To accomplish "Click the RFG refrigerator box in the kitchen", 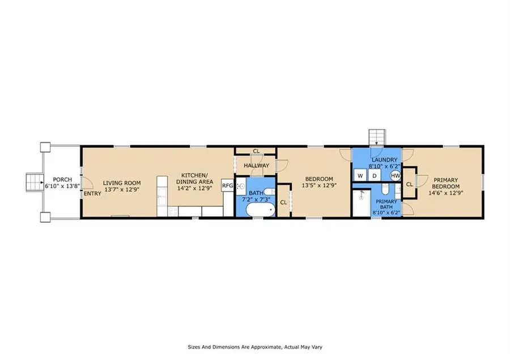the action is click(227, 185).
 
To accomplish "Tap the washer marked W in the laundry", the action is click(360, 176).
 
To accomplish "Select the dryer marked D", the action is click(375, 176).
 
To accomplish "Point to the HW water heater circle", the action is click(396, 176).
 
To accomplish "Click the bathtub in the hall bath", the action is click(261, 210).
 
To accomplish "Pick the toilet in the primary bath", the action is click(385, 188).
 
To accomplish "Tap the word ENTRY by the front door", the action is click(93, 193).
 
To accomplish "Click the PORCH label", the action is click(62, 180).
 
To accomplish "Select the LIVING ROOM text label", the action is click(122, 183).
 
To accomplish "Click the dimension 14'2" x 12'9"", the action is click(194, 188).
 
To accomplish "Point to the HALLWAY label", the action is click(257, 166).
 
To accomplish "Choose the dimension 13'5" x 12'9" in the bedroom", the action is click(319, 185).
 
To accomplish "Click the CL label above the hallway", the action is click(256, 151).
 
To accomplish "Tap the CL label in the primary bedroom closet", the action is click(410, 184).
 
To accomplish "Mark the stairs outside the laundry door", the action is click(377, 137).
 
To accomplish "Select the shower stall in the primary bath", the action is click(362, 203).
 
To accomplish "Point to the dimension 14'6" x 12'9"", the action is click(445, 193).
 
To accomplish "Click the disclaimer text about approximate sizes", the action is click(255, 347).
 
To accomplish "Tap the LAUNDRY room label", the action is click(384, 160).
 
